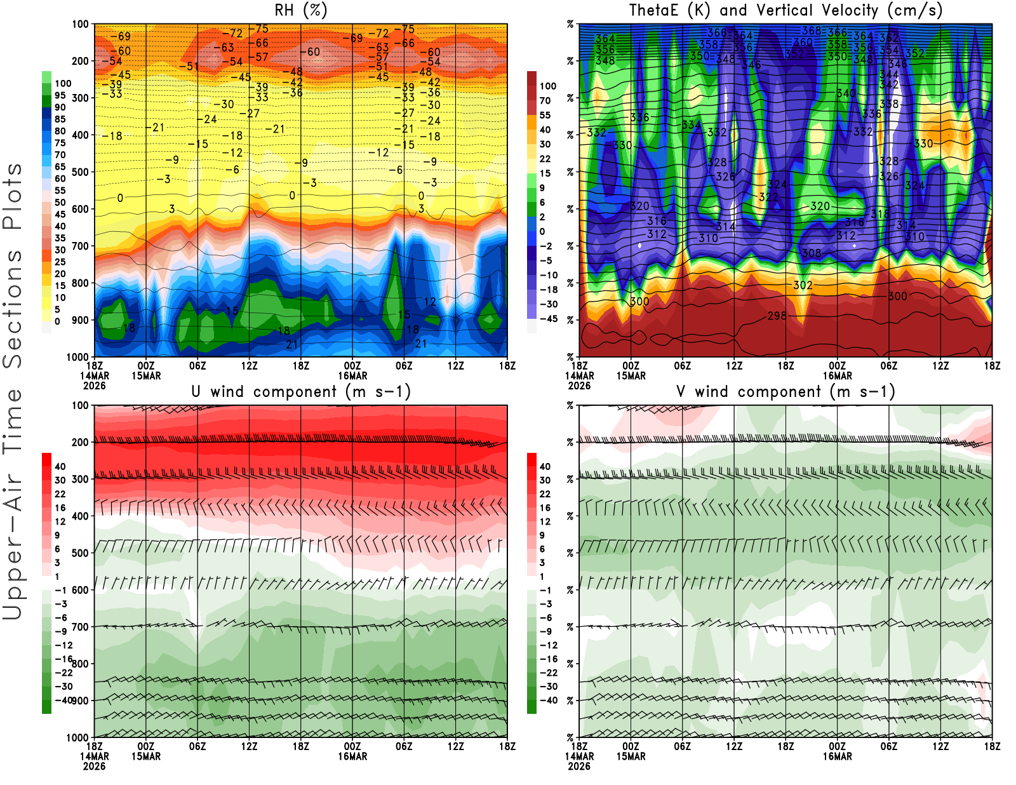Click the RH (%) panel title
(x=300, y=10)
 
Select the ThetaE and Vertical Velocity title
(x=785, y=10)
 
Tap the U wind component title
(x=300, y=391)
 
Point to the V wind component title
(x=785, y=391)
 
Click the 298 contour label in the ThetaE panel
(x=777, y=316)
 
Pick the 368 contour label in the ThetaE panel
(x=811, y=30)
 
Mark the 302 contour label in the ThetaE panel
(x=803, y=285)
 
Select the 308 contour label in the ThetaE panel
(x=812, y=253)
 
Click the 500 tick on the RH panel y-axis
(x=80, y=172)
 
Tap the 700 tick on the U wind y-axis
(x=80, y=627)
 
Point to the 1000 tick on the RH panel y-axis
(x=77, y=357)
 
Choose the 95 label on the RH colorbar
(x=60, y=95)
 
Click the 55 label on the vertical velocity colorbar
(x=545, y=115)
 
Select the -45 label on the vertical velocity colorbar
(x=548, y=319)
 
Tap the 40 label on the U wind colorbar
(x=60, y=466)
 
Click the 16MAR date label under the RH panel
(x=352, y=376)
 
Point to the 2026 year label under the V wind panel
(x=579, y=766)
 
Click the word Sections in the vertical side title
(x=13, y=309)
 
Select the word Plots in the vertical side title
(x=13, y=196)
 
